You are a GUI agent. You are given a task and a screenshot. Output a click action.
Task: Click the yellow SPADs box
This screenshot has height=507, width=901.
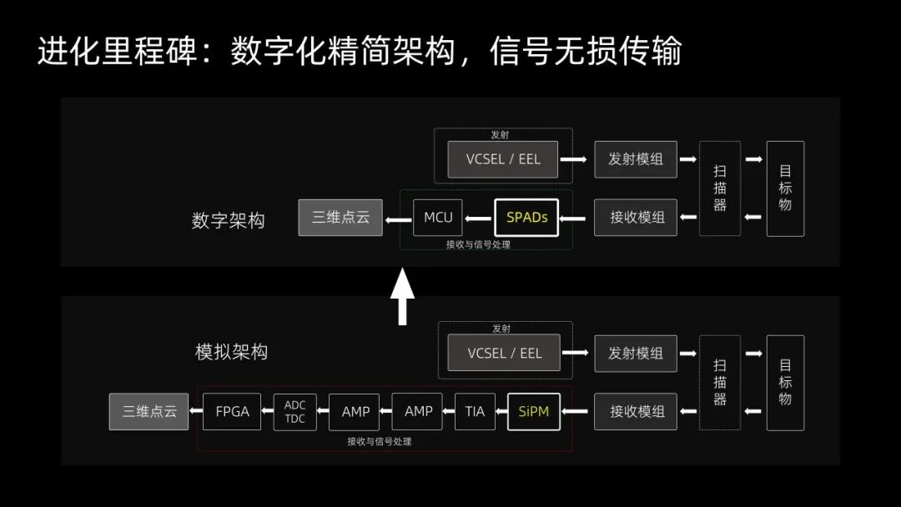click(526, 218)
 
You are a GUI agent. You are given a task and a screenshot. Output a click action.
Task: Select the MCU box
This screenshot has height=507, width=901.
click(438, 218)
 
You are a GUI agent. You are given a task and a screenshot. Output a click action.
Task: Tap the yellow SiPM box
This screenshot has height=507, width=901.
click(534, 411)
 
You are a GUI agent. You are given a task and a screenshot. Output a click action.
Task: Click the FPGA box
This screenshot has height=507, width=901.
click(232, 411)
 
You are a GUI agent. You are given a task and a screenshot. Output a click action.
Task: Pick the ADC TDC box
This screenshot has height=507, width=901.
click(294, 412)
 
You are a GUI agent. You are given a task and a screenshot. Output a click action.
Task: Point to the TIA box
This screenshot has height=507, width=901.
click(475, 411)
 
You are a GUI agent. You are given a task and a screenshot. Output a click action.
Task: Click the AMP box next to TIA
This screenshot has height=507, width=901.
click(418, 411)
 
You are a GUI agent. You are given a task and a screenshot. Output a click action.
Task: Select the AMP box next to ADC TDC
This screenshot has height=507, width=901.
click(355, 412)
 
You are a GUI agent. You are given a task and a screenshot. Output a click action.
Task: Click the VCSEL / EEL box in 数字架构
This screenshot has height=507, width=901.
click(503, 159)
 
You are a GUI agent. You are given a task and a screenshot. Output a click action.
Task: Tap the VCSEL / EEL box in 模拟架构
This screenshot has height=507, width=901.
click(504, 353)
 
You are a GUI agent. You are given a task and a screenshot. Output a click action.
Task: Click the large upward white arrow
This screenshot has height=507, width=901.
click(402, 296)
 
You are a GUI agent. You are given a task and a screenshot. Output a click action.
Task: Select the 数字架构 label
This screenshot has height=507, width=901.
click(228, 220)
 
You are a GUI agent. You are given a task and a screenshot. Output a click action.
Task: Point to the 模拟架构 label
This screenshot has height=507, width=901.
click(231, 351)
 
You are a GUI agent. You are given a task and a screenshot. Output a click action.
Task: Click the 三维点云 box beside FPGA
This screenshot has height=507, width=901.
click(148, 411)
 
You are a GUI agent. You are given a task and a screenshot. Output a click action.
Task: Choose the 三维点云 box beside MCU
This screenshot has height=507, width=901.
click(340, 218)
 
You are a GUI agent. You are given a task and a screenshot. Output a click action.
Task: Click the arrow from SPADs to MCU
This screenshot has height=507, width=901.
click(478, 218)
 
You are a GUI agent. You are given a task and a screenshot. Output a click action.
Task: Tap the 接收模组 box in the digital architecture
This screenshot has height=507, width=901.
click(636, 218)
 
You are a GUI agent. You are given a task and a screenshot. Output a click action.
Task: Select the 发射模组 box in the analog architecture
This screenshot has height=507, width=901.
click(636, 354)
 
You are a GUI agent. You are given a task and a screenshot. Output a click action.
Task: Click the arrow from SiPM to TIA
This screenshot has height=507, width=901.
click(501, 411)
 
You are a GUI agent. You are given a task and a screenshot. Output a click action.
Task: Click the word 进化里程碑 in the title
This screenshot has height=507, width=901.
click(118, 51)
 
